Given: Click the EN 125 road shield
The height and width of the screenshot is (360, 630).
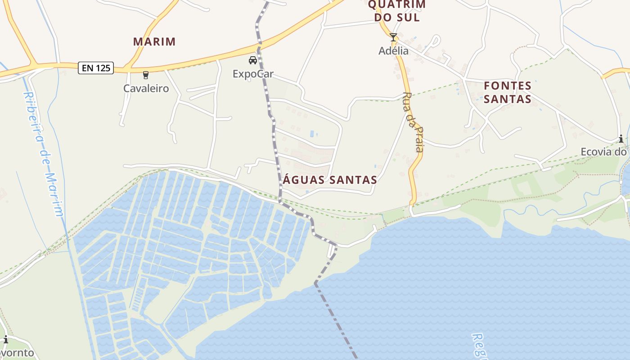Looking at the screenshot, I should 95,68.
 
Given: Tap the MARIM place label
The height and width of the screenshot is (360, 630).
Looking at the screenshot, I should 154,42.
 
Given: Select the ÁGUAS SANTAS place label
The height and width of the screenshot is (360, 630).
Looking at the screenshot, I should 330,180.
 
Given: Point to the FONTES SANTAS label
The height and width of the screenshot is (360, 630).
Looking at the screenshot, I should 508,92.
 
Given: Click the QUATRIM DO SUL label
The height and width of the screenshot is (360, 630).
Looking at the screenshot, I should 396,11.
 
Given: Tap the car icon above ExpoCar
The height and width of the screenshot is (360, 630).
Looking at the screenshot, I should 253,60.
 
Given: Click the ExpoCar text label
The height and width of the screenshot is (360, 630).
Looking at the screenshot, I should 253,74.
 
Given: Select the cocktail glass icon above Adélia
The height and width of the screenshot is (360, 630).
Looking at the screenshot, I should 393,37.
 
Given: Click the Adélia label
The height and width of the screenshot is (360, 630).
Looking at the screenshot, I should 393,51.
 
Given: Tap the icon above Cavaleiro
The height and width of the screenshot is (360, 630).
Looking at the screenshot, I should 145,75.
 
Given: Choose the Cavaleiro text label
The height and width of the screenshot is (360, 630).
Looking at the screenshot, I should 146,88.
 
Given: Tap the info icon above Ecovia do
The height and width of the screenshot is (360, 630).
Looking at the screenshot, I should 621,139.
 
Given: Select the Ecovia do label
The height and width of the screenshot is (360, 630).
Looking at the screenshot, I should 603,152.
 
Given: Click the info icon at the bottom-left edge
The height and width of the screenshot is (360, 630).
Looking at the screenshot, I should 5,339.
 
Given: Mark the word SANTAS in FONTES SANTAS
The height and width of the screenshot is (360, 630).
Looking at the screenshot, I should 508,99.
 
